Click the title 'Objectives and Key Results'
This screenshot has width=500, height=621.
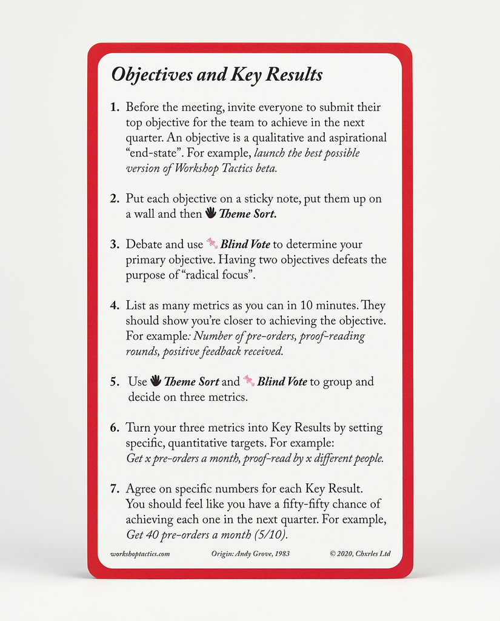coord(217,75)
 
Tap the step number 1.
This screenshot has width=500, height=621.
coord(114,108)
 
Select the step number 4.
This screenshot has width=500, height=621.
coord(114,306)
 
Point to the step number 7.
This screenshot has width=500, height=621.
coord(114,489)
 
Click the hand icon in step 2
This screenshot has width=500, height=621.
coord(210,213)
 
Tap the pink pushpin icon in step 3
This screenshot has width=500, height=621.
coord(212,244)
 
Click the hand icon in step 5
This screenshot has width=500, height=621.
coord(156,381)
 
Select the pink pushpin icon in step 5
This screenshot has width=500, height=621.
coord(248,381)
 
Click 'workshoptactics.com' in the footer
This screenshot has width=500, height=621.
coord(140,554)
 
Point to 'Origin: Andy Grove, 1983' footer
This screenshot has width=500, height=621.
coord(250,554)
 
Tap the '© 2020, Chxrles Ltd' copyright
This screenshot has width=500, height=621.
coord(360,554)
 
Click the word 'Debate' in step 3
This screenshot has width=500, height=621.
coord(144,244)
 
